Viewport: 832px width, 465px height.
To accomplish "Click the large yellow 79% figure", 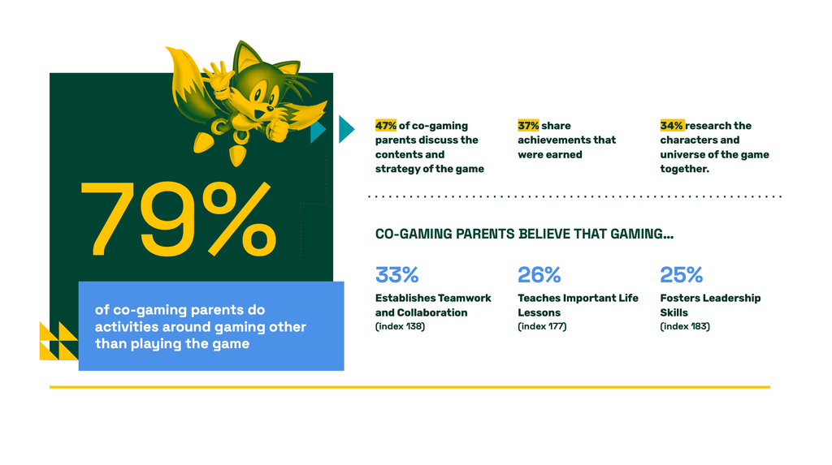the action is click(x=178, y=219).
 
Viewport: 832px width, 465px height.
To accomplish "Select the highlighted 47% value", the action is click(x=386, y=126).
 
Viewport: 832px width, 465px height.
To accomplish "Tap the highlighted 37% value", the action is click(x=528, y=126).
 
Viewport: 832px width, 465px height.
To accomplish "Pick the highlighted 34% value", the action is click(x=672, y=126).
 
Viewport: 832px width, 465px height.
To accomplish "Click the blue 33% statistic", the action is click(x=396, y=274).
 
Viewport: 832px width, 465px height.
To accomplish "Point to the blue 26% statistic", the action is click(x=539, y=274).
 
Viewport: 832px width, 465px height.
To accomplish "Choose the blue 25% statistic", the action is click(x=682, y=274).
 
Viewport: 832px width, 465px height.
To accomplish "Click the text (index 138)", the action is click(x=400, y=326).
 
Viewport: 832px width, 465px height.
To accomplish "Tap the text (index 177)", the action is click(x=542, y=326).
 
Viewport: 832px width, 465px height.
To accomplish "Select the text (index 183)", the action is click(x=685, y=326).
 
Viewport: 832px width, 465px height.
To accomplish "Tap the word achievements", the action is click(x=548, y=140).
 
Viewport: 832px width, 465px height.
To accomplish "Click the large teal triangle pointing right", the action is click(x=345, y=129).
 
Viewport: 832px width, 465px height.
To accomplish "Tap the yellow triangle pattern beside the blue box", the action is click(x=58, y=341).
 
